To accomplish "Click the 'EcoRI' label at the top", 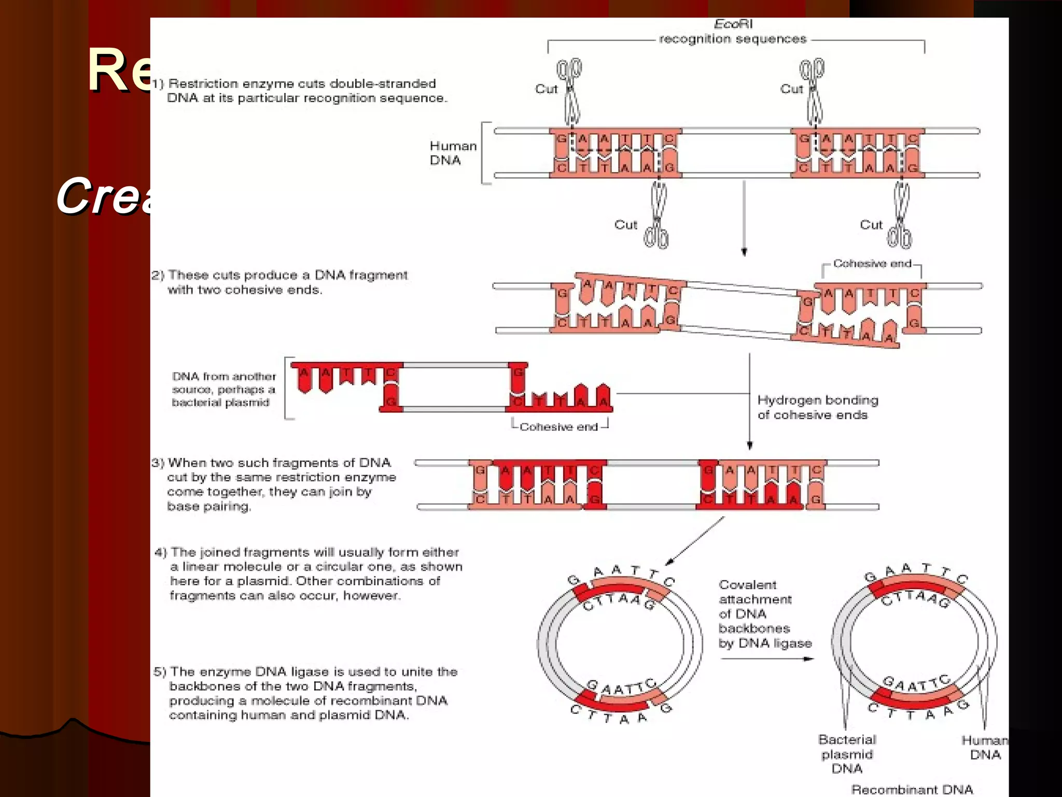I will tap(733, 24).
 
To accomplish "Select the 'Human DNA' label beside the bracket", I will tap(453, 153).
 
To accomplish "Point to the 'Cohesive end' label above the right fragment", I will tap(872, 264).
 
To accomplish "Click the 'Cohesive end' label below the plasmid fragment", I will tap(558, 427).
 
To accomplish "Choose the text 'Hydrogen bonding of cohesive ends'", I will tap(817, 407).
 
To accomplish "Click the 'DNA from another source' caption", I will tap(223, 389).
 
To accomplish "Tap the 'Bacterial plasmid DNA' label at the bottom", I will tap(847, 753).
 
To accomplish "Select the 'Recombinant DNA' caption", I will tap(912, 789).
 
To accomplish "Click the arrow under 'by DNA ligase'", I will tap(766, 659).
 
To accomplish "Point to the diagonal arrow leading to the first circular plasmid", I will tap(695, 541).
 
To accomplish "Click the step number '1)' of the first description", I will tap(158, 84).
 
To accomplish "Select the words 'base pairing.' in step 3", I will tap(209, 506).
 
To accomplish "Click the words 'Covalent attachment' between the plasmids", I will tap(754, 592).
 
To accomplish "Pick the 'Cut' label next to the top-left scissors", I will tap(546, 89).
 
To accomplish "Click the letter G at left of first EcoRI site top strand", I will tap(561, 139).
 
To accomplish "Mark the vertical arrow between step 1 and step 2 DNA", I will tap(744, 218).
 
